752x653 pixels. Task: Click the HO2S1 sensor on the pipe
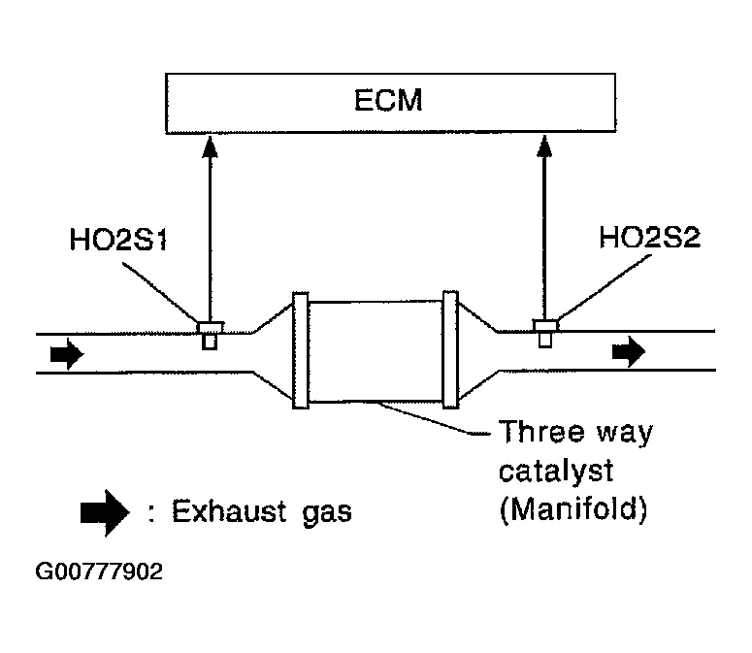(209, 332)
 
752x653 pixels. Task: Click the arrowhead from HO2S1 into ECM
(209, 145)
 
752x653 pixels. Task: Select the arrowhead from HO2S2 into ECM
(543, 145)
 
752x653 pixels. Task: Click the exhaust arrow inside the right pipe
(628, 352)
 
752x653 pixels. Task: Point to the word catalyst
(556, 472)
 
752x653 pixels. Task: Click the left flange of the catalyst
(300, 349)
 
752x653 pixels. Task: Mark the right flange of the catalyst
(449, 349)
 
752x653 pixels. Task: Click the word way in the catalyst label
(624, 434)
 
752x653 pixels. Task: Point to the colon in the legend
(152, 512)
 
